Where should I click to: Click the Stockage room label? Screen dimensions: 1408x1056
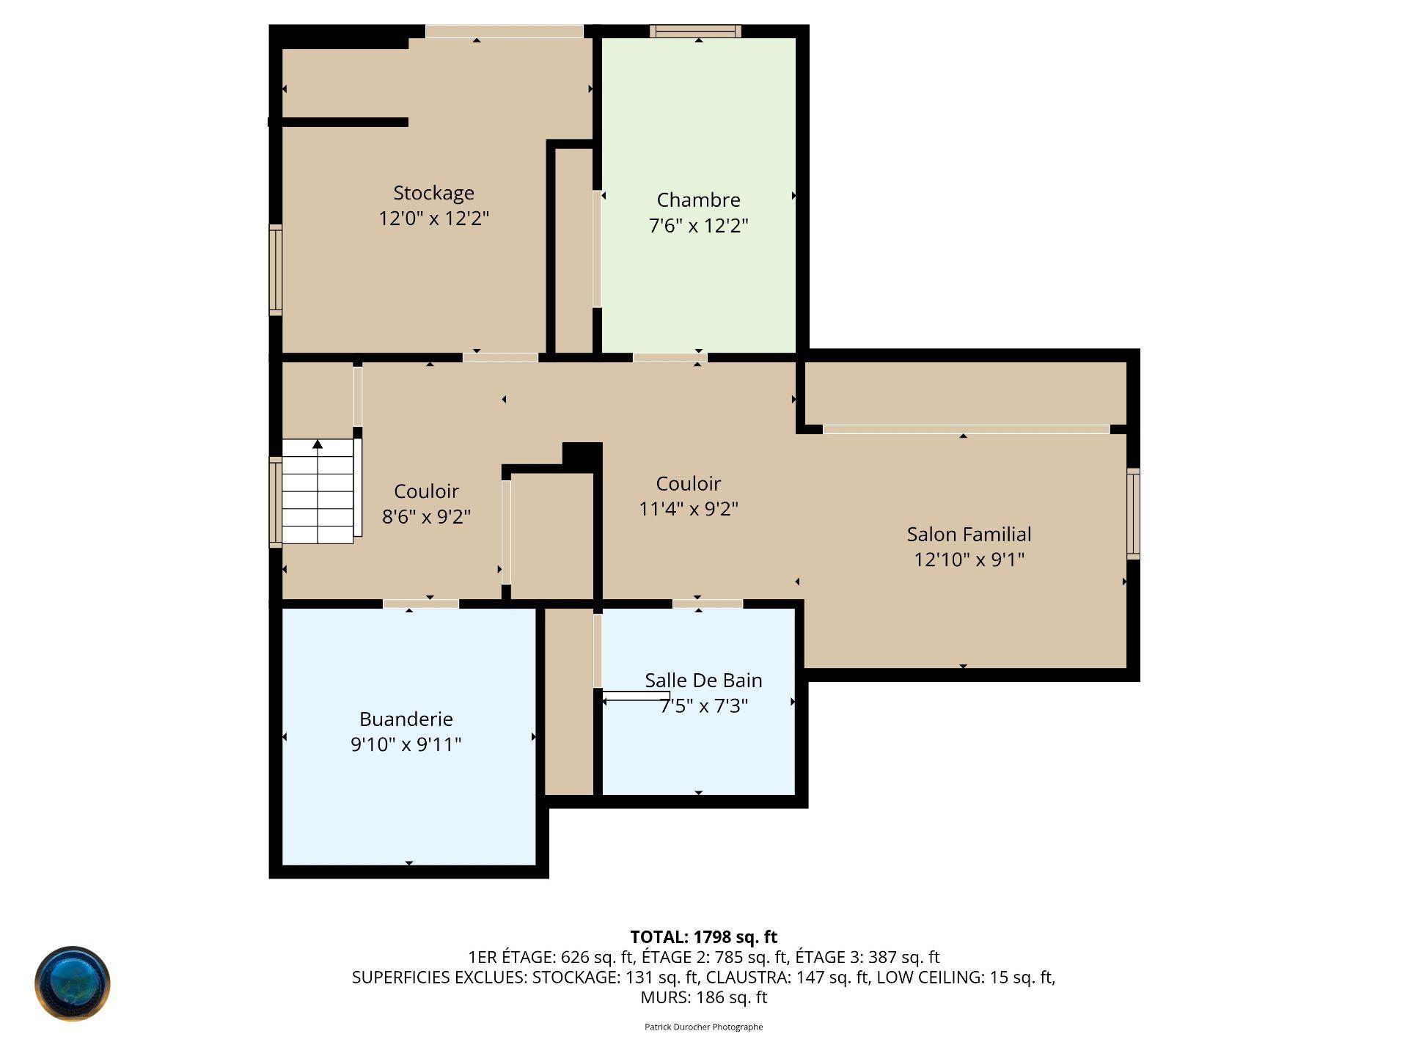433,194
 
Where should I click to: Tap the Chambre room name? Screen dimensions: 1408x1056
698,199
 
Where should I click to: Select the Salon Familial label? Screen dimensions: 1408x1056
969,535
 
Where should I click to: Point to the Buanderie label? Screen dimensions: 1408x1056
406,719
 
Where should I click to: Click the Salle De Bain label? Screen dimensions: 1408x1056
703,681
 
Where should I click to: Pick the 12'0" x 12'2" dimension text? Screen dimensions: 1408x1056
433,219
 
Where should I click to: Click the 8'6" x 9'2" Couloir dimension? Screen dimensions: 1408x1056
426,516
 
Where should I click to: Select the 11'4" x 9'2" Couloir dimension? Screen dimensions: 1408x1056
688,508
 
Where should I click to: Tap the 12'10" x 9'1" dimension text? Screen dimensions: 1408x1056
969,560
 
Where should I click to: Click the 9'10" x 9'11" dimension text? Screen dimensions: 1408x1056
406,744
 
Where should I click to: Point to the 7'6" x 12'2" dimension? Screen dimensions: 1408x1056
698,225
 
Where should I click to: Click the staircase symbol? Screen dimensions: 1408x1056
318,491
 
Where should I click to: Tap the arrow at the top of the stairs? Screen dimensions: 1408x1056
318,444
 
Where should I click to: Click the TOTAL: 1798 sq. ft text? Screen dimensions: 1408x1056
703,936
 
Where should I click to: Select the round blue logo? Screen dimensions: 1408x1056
73,983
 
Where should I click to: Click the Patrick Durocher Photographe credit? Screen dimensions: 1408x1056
703,1027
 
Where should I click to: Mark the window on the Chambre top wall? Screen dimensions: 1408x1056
695,31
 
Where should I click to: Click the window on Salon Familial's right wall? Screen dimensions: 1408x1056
1133,513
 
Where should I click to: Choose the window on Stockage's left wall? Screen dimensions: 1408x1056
276,270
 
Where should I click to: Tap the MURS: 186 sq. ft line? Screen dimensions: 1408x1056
703,997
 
